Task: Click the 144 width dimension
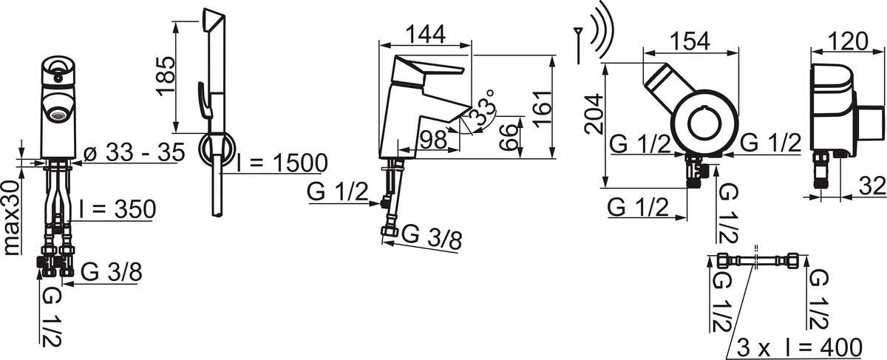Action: [x=426, y=34]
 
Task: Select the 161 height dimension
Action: [x=543, y=109]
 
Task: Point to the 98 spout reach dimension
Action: [x=433, y=140]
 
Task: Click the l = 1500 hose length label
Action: [x=282, y=163]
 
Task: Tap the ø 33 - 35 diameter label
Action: [x=135, y=152]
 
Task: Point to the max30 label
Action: [x=13, y=218]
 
